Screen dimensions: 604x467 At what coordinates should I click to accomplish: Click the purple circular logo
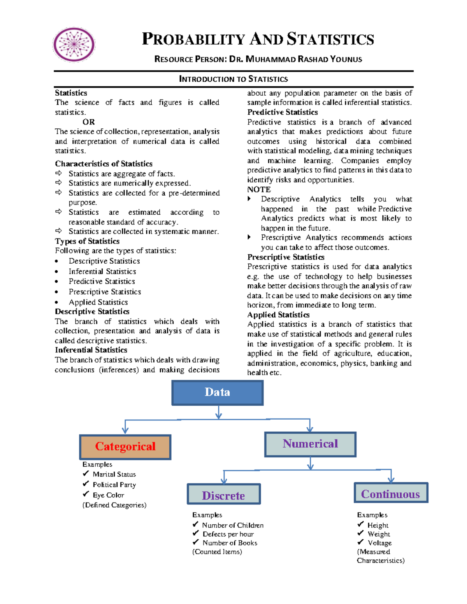(74, 45)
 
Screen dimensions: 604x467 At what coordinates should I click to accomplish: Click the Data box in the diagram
(217, 392)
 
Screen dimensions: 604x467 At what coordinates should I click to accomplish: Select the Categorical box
(125, 447)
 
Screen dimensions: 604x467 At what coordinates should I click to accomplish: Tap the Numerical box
(310, 444)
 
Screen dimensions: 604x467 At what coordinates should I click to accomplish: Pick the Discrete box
(223, 494)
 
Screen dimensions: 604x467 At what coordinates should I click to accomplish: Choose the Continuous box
(391, 493)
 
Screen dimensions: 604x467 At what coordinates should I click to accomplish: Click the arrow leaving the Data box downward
(218, 412)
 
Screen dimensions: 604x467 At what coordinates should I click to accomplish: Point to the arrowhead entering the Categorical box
(125, 430)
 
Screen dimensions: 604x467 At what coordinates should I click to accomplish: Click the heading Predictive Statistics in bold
(283, 112)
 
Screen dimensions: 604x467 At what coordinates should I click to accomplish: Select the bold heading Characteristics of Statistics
(104, 164)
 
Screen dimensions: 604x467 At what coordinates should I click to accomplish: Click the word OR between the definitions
(88, 122)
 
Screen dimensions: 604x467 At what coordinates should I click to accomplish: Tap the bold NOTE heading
(259, 189)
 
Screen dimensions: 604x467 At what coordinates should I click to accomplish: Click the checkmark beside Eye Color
(86, 494)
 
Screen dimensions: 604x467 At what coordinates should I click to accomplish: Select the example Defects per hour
(228, 534)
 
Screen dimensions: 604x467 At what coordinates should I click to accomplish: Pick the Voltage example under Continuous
(379, 543)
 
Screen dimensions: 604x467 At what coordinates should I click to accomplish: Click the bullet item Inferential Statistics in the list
(102, 271)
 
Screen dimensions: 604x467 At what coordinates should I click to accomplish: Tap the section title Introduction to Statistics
(233, 79)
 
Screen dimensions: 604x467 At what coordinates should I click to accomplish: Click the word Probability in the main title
(193, 39)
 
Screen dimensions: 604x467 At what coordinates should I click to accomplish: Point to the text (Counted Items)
(217, 552)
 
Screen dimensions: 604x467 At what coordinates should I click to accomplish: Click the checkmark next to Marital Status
(86, 473)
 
